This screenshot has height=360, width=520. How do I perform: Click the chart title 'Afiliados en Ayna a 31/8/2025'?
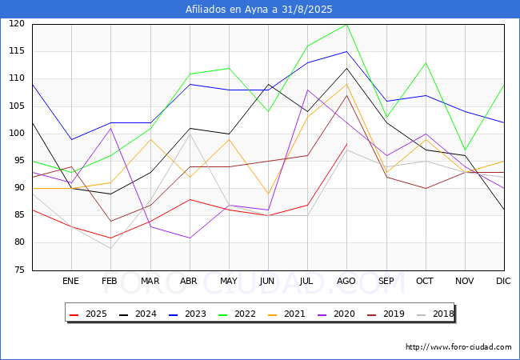click(258, 10)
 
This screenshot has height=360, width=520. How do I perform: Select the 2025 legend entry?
click(88, 314)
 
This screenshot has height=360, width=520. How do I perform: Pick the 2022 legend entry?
click(237, 314)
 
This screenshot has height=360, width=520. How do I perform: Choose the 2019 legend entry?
click(386, 314)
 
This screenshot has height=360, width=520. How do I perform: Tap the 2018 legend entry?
click(435, 314)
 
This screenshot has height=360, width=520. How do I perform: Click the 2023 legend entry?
click(187, 314)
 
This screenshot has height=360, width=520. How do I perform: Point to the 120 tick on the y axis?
click(17, 23)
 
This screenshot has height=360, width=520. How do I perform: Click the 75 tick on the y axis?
click(19, 270)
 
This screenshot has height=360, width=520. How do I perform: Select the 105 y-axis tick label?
click(17, 106)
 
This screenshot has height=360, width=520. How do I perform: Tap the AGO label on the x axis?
click(346, 281)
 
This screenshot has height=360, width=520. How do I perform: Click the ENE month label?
click(70, 281)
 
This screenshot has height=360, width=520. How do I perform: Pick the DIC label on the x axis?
click(503, 281)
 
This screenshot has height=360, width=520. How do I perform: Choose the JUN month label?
click(267, 281)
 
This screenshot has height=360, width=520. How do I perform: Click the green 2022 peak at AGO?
click(346, 24)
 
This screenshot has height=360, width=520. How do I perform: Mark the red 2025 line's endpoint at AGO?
click(346, 145)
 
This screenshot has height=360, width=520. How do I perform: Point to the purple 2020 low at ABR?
click(190, 238)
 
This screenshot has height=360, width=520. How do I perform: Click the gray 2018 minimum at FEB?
click(110, 248)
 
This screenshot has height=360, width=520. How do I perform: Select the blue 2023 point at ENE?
click(72, 139)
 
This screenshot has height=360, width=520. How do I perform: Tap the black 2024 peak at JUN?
click(268, 85)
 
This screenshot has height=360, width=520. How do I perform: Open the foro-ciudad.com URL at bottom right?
click(458, 347)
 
